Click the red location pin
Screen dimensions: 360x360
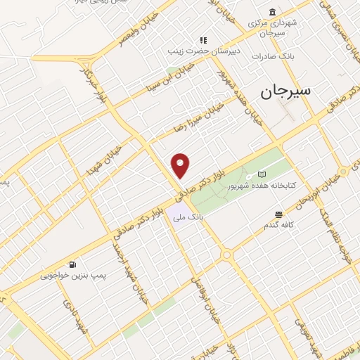[181, 165]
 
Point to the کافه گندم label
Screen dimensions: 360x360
[278, 225]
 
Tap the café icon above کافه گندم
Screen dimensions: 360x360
[279, 214]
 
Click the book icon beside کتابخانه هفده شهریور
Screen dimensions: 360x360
[262, 174]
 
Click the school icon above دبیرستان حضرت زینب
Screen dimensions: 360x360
[203, 40]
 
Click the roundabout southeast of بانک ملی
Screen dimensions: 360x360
[227, 255]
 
